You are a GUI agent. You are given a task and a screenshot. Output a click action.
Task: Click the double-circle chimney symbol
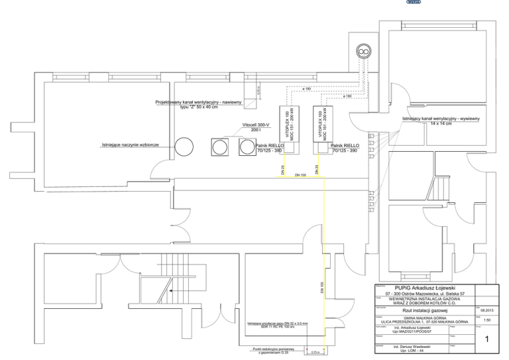tap(363, 50)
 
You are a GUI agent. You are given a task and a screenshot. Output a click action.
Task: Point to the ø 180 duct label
tap(307, 88)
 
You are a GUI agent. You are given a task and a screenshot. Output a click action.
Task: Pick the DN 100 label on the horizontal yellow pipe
tap(300, 175)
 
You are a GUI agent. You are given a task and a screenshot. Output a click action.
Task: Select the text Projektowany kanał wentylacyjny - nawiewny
tap(198, 103)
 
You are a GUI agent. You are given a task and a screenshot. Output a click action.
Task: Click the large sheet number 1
tap(487, 340)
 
